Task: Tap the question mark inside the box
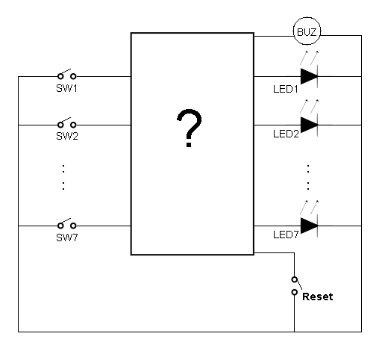[x=189, y=128]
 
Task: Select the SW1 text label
[x=66, y=88]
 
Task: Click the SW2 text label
[x=67, y=136]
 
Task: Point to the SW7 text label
[x=67, y=238]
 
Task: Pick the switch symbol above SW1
[x=66, y=75]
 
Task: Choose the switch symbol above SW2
[x=66, y=123]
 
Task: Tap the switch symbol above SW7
[x=66, y=224]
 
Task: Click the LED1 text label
[x=286, y=89]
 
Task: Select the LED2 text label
[x=286, y=134]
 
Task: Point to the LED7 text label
[x=286, y=235]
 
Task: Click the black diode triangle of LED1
[x=309, y=76]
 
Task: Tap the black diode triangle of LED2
[x=309, y=125]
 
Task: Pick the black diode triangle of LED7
[x=309, y=226]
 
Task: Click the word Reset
[x=318, y=297]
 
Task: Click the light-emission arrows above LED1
[x=309, y=58]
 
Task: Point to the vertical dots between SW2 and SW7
[x=63, y=177]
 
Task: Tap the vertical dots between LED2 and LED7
[x=308, y=177]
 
